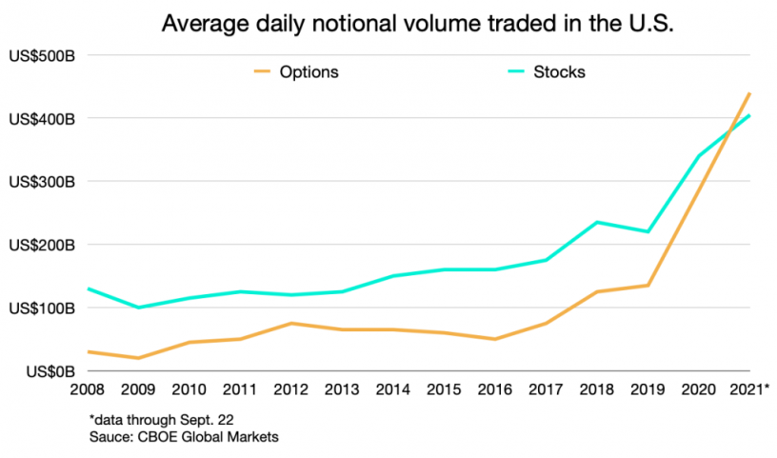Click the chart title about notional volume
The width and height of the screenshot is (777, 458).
pos(418,24)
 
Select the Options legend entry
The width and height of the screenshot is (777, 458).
pos(309,71)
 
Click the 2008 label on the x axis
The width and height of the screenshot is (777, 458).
pos(88,388)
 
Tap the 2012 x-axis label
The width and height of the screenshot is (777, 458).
pos(291,388)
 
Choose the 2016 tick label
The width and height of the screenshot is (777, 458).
pos(495,388)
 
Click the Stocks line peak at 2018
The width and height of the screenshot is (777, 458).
pos(597,222)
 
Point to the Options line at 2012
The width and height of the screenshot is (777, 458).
pos(291,324)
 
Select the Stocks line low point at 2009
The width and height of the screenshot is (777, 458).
pos(138,308)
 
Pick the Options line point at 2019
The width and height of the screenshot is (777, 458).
pos(648,286)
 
